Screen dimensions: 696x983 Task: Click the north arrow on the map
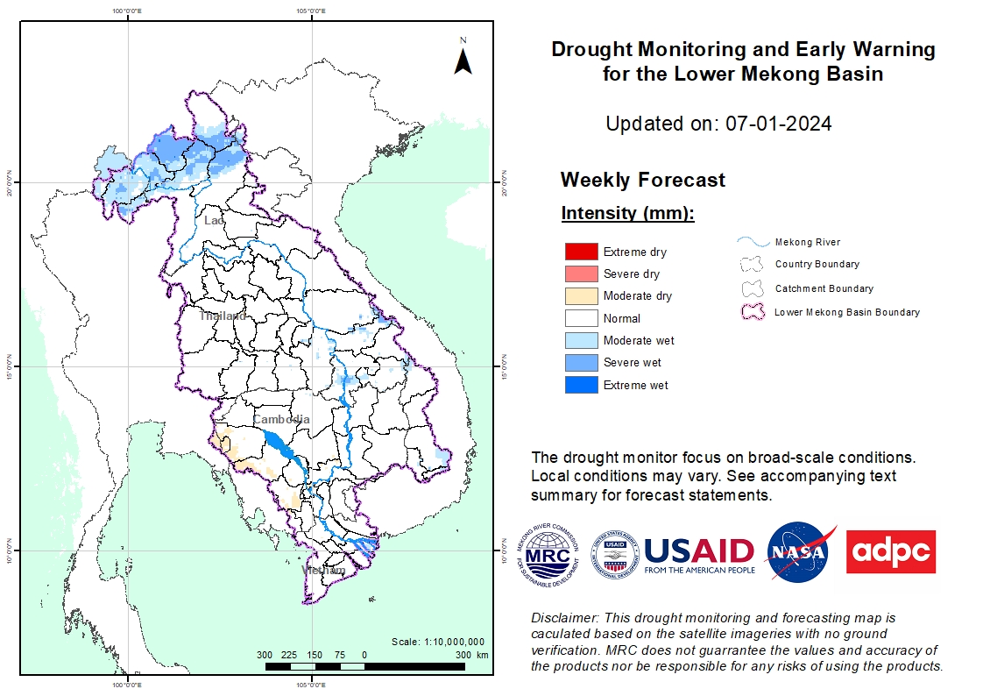coord(463,59)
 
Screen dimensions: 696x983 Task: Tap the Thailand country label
coord(222,316)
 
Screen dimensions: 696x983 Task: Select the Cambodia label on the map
coord(281,419)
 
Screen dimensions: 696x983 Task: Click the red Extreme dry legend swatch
coord(582,252)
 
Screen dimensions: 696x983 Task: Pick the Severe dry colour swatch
coord(582,273)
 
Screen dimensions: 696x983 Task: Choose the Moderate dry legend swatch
coord(582,295)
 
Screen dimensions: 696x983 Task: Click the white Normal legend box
coord(582,318)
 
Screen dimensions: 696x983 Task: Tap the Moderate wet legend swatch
coord(582,340)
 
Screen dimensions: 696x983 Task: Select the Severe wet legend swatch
coord(582,362)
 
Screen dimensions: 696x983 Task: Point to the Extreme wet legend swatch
coord(582,385)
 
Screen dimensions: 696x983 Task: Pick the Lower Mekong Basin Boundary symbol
coord(752,311)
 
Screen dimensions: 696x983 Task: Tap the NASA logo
coord(798,552)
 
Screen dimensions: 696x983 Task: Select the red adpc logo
coord(890,551)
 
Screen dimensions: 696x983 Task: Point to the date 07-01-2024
coord(778,124)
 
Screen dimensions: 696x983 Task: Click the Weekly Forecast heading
coord(642,180)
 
